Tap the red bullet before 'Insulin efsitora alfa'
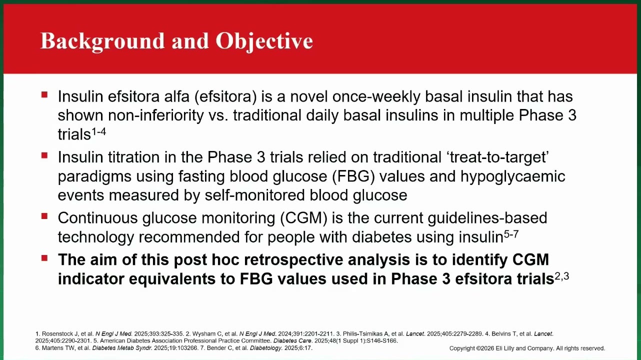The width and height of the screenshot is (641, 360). [x=44, y=94]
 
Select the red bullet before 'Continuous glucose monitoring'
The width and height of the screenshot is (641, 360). [x=44, y=216]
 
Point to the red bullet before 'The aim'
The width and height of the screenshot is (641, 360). [x=44, y=258]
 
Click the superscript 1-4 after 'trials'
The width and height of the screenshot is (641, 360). [x=98, y=131]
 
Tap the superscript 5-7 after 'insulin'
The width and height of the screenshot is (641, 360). [x=511, y=234]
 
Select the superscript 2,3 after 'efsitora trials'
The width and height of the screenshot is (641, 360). [x=562, y=276]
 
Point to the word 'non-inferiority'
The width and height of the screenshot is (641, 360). [x=155, y=115]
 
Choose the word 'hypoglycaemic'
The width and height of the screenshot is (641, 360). [x=513, y=176]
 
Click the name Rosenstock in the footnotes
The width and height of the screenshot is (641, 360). [x=60, y=333]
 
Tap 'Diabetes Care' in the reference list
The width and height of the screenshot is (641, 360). [x=292, y=341]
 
